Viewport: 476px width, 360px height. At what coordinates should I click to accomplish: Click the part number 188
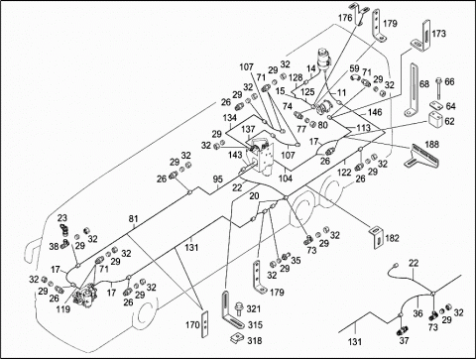pyautogui.click(x=432, y=145)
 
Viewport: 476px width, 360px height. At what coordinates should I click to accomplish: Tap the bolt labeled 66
pyautogui.click(x=438, y=87)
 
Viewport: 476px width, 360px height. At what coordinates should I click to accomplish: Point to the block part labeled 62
pyautogui.click(x=434, y=119)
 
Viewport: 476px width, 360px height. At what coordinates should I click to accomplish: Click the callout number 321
pyautogui.click(x=254, y=309)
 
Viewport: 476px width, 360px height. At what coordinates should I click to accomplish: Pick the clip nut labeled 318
pyautogui.click(x=238, y=338)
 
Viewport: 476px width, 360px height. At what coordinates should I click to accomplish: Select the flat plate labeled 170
pyautogui.click(x=205, y=324)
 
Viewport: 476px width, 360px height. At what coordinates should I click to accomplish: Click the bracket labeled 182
pyautogui.click(x=376, y=237)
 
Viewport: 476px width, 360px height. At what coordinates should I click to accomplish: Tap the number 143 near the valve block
pyautogui.click(x=236, y=155)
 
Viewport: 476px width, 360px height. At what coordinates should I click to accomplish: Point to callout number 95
pyautogui.click(x=218, y=180)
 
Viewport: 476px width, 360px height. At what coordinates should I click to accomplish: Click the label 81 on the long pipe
pyautogui.click(x=133, y=219)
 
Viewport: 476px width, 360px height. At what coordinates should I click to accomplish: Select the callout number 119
pyautogui.click(x=63, y=309)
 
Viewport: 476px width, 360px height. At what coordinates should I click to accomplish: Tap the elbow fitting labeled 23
pyautogui.click(x=63, y=229)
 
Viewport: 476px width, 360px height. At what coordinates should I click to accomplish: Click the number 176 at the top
pyautogui.click(x=345, y=18)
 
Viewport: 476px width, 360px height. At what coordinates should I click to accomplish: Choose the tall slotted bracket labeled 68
pyautogui.click(x=412, y=90)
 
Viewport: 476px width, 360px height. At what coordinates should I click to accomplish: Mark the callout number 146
pyautogui.click(x=375, y=112)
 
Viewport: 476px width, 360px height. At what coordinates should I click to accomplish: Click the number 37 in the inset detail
pyautogui.click(x=404, y=340)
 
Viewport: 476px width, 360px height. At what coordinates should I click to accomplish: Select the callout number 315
pyautogui.click(x=256, y=325)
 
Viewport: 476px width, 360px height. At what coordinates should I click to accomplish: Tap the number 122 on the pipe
pyautogui.click(x=344, y=172)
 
